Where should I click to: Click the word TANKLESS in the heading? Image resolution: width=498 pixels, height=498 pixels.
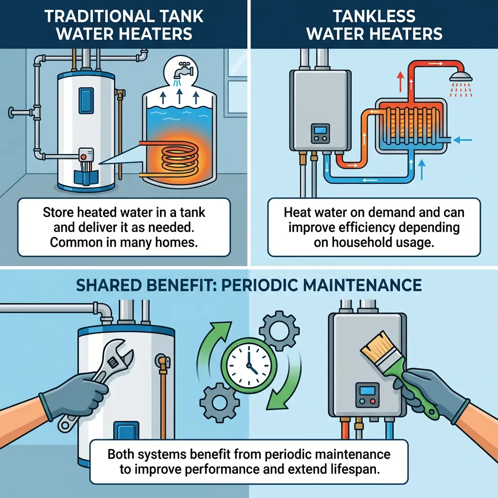374,16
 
